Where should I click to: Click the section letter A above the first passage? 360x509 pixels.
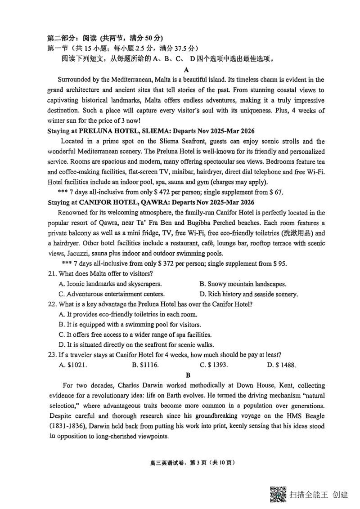coord(186,70)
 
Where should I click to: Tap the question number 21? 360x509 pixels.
coord(52,274)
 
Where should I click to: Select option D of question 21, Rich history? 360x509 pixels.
coord(248,294)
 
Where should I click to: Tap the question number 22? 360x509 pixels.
coord(52,304)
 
